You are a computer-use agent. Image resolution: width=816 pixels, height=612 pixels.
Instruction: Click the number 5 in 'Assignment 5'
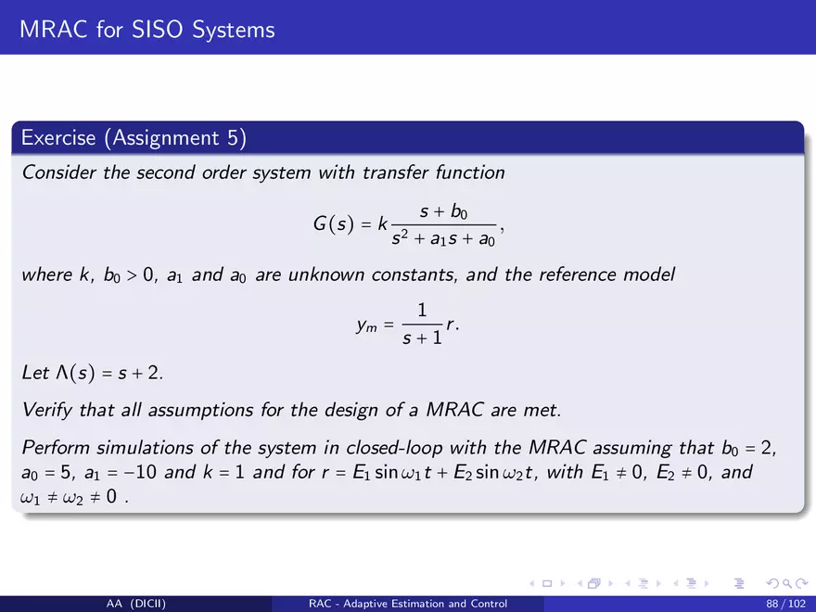point(233,138)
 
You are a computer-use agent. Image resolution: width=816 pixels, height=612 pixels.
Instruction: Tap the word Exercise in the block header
point(58,138)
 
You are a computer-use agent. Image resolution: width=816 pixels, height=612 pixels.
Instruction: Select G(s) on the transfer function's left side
point(333,224)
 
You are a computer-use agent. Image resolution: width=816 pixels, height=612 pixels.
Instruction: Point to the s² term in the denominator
point(400,237)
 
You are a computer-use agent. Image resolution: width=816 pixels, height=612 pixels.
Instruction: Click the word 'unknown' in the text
point(326,274)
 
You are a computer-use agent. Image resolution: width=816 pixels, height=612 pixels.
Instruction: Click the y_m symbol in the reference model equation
point(367,325)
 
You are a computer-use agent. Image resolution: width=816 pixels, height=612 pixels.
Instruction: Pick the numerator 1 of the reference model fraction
point(422,310)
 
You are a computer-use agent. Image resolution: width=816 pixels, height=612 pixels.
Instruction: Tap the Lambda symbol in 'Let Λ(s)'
point(62,373)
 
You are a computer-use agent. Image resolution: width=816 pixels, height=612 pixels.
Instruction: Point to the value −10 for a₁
point(139,472)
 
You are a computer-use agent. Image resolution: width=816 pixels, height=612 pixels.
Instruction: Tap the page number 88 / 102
point(785,604)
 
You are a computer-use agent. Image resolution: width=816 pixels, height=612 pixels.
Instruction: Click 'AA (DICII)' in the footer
point(135,604)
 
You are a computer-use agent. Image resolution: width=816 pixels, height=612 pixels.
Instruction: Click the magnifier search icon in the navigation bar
point(789,584)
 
